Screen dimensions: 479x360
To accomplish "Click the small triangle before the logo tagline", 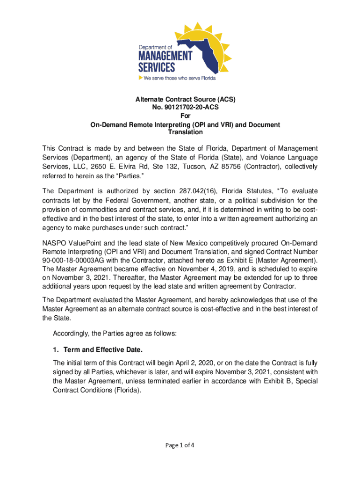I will pyautogui.click(x=140, y=78).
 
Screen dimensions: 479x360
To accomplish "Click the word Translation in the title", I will pyautogui.click(x=180, y=132).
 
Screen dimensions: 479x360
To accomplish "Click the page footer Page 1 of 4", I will pyautogui.click(x=180, y=445).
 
